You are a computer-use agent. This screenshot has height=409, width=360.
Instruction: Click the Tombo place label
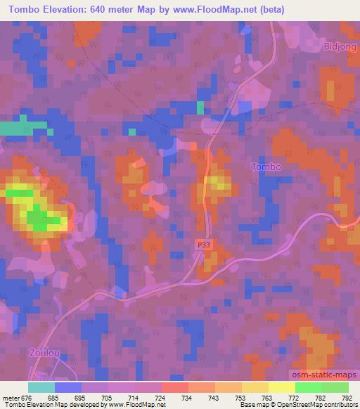tap(266, 167)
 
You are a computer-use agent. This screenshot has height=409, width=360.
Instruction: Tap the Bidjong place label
tap(341, 46)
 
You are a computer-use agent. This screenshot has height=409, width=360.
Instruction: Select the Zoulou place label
tap(44, 351)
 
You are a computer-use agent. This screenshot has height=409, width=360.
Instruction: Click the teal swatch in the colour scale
tap(41, 387)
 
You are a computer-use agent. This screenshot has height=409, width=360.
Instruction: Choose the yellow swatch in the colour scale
tap(281, 387)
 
